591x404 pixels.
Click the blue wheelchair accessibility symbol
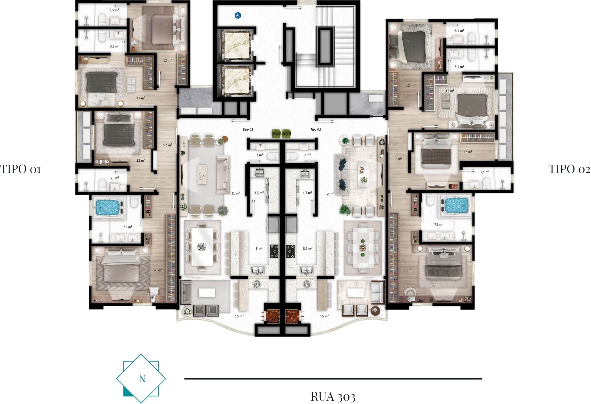coord(238,15)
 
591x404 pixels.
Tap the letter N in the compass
coord(142,379)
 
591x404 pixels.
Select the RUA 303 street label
coord(333,397)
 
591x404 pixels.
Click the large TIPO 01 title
coord(21,169)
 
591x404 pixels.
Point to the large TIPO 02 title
coord(569,169)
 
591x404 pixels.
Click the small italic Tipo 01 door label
coord(248,129)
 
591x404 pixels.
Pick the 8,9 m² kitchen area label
coord(308,248)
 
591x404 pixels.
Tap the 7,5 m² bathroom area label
coord(128,227)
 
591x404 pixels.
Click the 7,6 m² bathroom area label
coord(439,224)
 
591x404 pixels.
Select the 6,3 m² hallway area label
coord(167,145)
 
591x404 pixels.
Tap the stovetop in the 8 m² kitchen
coord(274,251)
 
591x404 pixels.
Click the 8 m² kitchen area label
coord(259,248)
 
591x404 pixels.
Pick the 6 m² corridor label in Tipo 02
coord(399,159)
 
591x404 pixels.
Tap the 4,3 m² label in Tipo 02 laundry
coord(307,193)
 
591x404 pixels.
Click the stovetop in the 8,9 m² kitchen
coord(290,251)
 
